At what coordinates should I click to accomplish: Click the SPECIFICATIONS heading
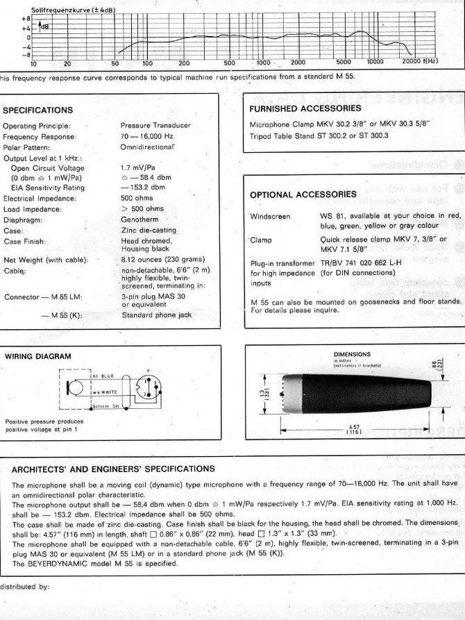38,110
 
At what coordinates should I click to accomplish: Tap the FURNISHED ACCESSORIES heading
305,108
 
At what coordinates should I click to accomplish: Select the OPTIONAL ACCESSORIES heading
303,194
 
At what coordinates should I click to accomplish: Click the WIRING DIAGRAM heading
37,356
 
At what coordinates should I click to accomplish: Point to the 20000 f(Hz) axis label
420,62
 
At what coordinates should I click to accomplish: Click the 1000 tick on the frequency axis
264,62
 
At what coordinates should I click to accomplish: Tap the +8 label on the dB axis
26,18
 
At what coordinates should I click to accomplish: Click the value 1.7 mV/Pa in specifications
139,167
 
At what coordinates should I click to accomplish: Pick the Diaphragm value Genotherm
139,219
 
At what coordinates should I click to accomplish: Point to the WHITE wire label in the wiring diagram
105,394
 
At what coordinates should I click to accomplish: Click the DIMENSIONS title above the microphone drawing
353,354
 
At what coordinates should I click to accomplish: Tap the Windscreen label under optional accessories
270,217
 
